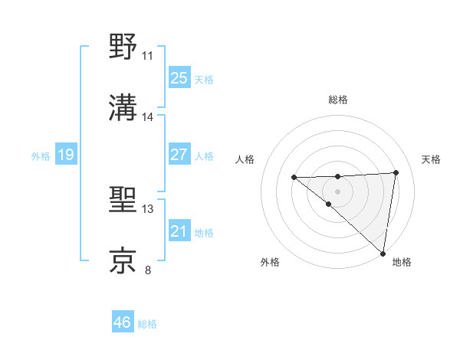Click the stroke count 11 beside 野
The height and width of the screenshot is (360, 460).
coord(148,56)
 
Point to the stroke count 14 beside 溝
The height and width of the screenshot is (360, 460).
coord(148,117)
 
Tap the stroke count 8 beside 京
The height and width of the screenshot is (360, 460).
coord(148,270)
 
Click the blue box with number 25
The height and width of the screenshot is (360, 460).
coord(179,78)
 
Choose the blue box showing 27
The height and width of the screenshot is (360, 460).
coord(179,155)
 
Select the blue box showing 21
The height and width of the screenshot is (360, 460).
coord(179,231)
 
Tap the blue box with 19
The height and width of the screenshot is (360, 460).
coord(66,155)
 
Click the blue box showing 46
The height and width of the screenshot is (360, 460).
coord(123,322)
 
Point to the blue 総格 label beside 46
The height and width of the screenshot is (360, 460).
coord(147,324)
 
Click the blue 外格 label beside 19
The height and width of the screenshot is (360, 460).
coord(41,156)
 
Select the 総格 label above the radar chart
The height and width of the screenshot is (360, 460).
coord(337,100)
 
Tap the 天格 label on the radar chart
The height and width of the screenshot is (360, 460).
coord(431,159)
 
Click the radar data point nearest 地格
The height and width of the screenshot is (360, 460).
coord(382,253)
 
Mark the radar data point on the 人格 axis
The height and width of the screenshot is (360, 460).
coord(294,178)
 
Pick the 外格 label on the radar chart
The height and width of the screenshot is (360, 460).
coord(269,262)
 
